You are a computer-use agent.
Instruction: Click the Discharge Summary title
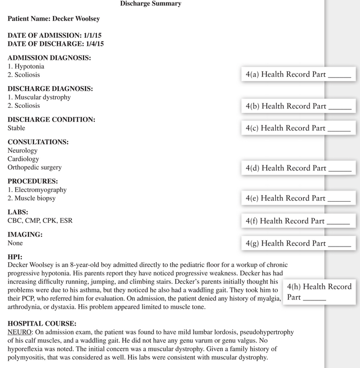pyautogui.click(x=151, y=4)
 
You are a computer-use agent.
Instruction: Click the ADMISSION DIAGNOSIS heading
pyautogui.click(x=49, y=58)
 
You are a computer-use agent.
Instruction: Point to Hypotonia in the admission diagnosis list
pyautogui.click(x=29, y=67)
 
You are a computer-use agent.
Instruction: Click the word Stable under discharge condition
pyautogui.click(x=16, y=128)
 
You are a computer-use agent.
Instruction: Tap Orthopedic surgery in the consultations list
pyautogui.click(x=35, y=167)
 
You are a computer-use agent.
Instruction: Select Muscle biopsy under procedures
pyautogui.click(x=35, y=199)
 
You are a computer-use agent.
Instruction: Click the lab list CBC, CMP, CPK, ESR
pyautogui.click(x=43, y=221)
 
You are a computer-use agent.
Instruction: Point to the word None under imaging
pyautogui.click(x=15, y=243)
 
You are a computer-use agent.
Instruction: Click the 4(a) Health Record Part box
pyautogui.click(x=298, y=75)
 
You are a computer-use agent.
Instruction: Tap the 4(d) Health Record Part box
pyautogui.click(x=298, y=168)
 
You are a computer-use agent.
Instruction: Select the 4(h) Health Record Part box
pyautogui.click(x=319, y=292)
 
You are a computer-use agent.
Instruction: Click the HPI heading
pyautogui.click(x=15, y=257)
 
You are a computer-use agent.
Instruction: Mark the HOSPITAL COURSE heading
pyautogui.click(x=42, y=323)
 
